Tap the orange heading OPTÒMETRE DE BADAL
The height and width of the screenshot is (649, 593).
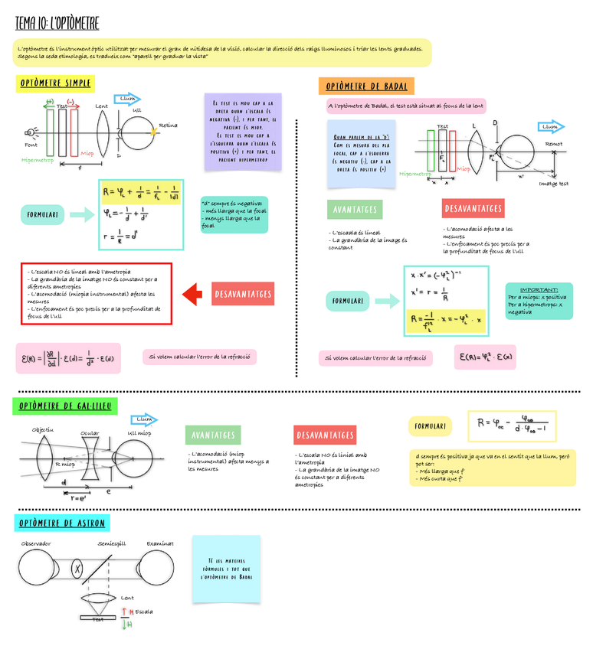[366, 86]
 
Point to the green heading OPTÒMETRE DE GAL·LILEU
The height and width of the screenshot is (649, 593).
[64, 406]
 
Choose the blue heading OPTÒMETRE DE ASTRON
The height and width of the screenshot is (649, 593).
[62, 523]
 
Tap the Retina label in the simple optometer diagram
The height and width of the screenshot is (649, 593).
[168, 125]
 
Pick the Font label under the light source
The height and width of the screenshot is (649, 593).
[31, 145]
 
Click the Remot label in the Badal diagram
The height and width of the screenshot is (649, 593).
[553, 143]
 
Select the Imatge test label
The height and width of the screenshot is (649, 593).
[553, 184]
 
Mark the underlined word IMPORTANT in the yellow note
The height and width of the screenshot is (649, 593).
[539, 289]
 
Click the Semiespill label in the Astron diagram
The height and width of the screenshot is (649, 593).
[113, 543]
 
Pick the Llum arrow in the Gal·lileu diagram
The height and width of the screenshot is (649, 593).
[143, 419]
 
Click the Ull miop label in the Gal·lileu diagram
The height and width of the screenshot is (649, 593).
[139, 433]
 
